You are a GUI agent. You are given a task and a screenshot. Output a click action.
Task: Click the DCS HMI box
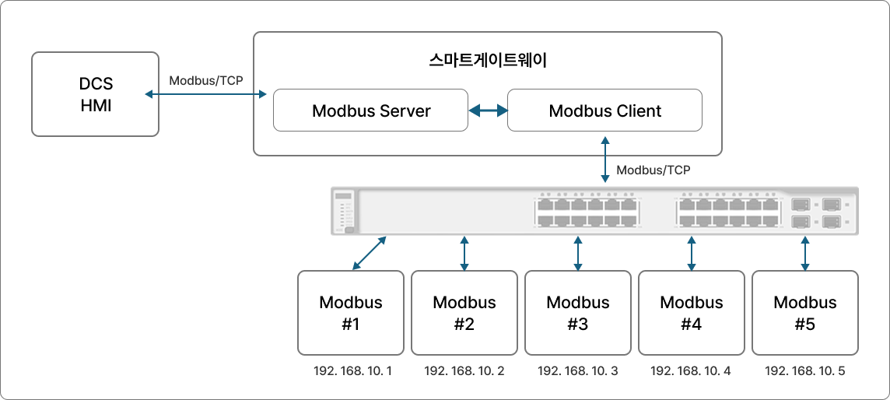tap(95, 94)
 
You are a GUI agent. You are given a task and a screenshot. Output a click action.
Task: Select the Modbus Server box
tap(370, 110)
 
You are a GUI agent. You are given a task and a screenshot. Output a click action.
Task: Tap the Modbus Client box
tap(604, 110)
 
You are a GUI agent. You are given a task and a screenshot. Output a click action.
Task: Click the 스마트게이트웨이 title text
tap(488, 61)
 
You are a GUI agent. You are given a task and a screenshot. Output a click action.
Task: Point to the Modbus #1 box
tap(351, 313)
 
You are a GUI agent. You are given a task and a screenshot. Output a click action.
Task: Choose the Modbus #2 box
tap(464, 313)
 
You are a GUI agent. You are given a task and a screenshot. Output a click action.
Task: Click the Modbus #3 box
tap(578, 313)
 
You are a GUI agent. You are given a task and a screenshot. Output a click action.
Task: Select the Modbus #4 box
tap(692, 313)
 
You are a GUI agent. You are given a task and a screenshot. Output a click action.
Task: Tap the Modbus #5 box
tap(805, 313)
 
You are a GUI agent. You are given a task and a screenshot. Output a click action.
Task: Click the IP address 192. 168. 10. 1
tap(352, 372)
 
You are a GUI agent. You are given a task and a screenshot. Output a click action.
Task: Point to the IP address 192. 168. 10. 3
tap(578, 372)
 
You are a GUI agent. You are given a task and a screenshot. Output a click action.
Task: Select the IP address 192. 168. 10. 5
tap(805, 372)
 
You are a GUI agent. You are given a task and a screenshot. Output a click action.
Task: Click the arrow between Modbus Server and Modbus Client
tap(488, 111)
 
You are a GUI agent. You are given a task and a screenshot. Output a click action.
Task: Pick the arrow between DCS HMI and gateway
tap(206, 94)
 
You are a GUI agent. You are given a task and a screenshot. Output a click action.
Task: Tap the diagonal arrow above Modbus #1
tap(370, 253)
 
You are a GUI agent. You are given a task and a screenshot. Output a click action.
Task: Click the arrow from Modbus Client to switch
tap(605, 160)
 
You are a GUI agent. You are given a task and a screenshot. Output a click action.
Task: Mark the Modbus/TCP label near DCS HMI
tap(206, 81)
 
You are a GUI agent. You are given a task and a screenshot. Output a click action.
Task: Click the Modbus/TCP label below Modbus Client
tap(653, 170)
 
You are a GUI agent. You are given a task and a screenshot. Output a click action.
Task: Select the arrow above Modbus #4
tap(692, 254)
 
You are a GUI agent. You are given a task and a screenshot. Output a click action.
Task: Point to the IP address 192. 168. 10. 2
tap(464, 372)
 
